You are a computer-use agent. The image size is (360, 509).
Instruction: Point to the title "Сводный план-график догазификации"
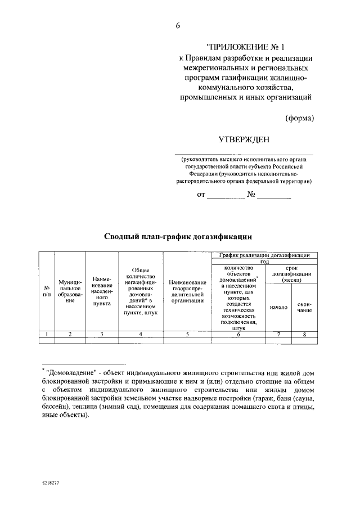[177, 236]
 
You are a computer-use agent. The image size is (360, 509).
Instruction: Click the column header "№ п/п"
[47, 291]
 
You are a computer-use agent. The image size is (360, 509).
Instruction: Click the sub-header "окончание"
[304, 307]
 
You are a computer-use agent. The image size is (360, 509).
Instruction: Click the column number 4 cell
[140, 334]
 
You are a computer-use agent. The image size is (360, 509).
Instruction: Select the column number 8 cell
[304, 334]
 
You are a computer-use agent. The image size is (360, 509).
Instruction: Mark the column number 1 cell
[47, 334]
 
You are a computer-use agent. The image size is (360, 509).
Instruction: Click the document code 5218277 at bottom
[51, 483]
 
